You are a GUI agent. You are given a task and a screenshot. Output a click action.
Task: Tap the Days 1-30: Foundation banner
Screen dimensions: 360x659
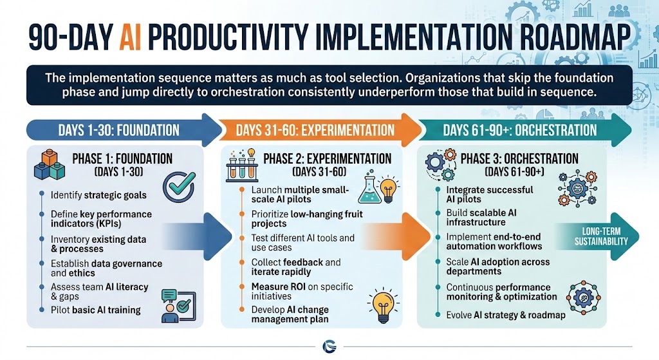point(118,129)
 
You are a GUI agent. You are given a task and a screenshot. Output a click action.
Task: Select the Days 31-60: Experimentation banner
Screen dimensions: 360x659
point(315,129)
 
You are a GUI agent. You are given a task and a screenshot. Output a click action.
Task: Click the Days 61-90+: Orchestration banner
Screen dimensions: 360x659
point(520,129)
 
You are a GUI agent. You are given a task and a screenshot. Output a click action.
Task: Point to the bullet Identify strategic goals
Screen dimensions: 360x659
point(98,195)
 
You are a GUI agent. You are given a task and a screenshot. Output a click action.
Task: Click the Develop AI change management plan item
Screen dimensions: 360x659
point(290,314)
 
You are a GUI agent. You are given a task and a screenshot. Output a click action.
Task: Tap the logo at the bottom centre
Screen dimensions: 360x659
point(329,348)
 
